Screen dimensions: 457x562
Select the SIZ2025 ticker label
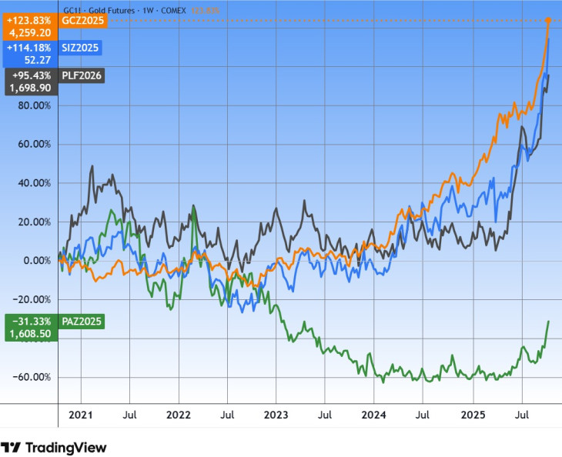[80, 48]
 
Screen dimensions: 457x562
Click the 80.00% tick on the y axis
[34, 105]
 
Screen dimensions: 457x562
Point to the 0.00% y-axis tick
[36, 261]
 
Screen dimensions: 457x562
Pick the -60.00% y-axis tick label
[32, 377]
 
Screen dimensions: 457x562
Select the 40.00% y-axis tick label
[34, 183]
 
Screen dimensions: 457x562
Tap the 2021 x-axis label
[81, 415]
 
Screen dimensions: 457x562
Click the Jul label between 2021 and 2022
[129, 415]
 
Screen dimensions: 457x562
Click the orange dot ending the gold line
[547, 20]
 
